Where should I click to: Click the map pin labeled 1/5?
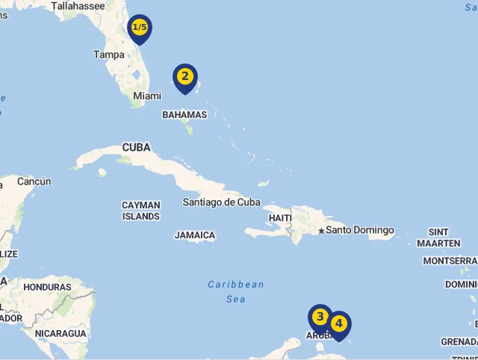tap(140, 28)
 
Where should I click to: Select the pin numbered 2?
tap(184, 77)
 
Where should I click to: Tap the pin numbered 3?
tap(320, 317)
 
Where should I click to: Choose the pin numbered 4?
tap(338, 324)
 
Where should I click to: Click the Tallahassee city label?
tap(78, 6)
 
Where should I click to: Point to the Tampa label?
tap(109, 55)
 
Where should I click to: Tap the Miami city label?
tap(147, 96)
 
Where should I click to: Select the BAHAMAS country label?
tap(184, 115)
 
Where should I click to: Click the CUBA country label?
tap(136, 148)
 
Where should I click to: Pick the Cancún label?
tap(34, 181)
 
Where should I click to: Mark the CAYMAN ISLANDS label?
tap(141, 211)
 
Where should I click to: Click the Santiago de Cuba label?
tap(222, 202)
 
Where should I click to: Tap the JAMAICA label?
tap(195, 235)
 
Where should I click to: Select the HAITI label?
tap(280, 217)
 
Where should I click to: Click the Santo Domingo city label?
tap(359, 230)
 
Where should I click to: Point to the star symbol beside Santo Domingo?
tap(321, 231)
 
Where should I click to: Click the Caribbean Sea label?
tap(236, 291)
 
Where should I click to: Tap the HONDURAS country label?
tap(47, 287)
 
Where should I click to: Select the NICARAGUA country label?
tap(60, 333)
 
